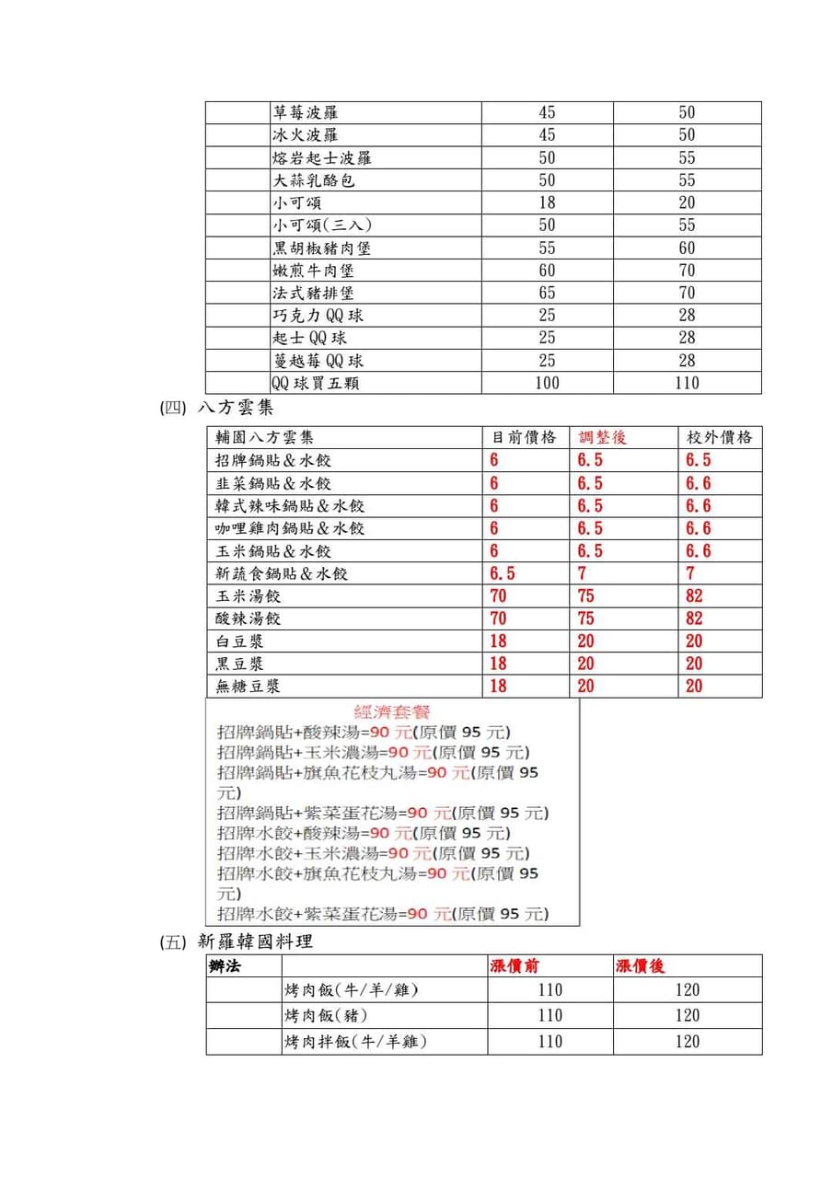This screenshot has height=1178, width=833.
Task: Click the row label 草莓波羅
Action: click(x=305, y=112)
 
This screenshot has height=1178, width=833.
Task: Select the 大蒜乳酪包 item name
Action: click(x=313, y=180)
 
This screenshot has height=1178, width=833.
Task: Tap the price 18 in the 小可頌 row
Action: click(x=547, y=202)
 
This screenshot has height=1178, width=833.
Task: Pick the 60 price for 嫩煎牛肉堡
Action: click(x=547, y=271)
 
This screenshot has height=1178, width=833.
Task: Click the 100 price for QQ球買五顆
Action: click(x=547, y=383)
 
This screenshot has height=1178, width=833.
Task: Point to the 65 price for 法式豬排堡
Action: click(x=547, y=294)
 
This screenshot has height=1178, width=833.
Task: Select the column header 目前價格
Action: click(x=525, y=437)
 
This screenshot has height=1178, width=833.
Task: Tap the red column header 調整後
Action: click(x=603, y=437)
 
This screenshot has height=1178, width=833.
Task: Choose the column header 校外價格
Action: click(x=720, y=437)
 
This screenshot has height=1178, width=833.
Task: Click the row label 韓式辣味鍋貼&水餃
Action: click(x=290, y=505)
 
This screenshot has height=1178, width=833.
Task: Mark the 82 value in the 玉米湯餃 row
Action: click(x=694, y=595)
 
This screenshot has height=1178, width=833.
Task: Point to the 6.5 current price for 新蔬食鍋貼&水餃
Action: click(x=503, y=573)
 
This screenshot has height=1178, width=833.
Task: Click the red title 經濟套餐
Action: click(x=392, y=711)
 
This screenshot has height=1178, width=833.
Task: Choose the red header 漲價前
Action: click(x=515, y=965)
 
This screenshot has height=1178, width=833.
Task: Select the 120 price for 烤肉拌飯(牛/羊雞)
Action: click(x=687, y=1042)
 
